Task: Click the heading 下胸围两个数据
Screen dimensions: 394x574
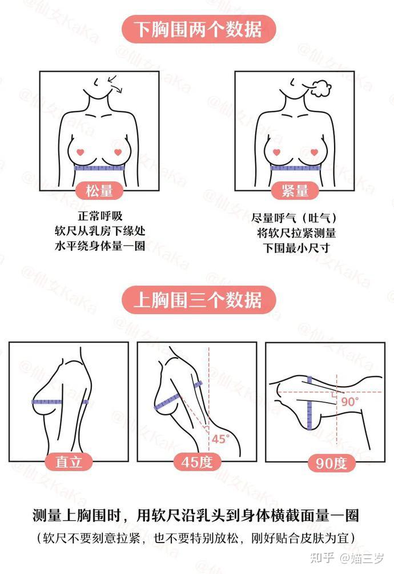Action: (198, 29)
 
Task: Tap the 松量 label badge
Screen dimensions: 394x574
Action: (99, 191)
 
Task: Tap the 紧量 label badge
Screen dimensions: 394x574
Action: (295, 191)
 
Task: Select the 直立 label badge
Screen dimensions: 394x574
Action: (69, 461)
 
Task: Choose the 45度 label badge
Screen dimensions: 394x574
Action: (197, 461)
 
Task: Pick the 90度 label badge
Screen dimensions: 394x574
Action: (331, 463)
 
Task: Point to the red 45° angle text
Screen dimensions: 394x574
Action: (220, 439)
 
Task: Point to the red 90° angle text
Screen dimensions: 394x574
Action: (349, 402)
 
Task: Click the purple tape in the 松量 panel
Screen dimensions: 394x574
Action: (99, 168)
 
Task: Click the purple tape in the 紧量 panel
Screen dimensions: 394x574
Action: (295, 168)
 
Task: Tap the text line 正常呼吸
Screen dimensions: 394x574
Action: (100, 216)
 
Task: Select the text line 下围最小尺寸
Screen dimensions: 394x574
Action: (296, 248)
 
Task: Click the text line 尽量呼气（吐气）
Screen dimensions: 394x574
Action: (294, 219)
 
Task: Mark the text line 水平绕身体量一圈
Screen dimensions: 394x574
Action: (100, 246)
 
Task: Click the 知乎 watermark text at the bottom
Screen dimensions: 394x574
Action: (322, 558)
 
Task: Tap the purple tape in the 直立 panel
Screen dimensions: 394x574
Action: (60, 402)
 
